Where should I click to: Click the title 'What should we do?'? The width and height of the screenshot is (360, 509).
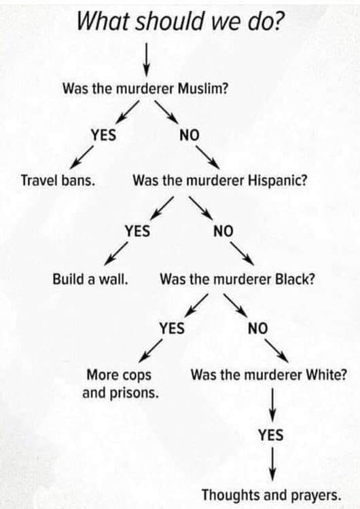click(179, 21)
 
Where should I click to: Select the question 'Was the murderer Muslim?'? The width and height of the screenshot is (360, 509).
click(145, 88)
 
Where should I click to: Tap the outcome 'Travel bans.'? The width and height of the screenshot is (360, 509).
click(58, 180)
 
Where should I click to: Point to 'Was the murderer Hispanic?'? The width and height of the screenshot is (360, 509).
click(219, 180)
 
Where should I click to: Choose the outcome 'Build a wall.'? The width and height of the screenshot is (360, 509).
click(90, 279)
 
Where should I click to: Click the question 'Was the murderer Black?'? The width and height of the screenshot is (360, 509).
click(237, 279)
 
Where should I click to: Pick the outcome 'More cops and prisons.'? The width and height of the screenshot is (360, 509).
click(120, 383)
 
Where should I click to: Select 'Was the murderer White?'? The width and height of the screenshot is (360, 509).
click(269, 375)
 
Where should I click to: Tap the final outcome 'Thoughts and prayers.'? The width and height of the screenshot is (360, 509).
click(272, 495)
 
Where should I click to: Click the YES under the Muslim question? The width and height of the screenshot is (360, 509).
click(103, 135)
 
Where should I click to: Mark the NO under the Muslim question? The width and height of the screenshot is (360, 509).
click(190, 135)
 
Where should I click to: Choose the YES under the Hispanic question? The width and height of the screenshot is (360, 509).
click(137, 231)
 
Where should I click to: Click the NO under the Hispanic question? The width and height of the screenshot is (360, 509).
click(223, 231)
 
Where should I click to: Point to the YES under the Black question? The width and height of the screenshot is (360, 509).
click(172, 328)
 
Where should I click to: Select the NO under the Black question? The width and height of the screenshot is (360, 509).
click(257, 328)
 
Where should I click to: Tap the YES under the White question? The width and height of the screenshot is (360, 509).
click(271, 434)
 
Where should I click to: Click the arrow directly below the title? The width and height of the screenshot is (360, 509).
click(147, 59)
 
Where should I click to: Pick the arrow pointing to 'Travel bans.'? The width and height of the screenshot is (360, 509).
click(82, 157)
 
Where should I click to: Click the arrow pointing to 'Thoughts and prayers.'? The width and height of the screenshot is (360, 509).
click(272, 464)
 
